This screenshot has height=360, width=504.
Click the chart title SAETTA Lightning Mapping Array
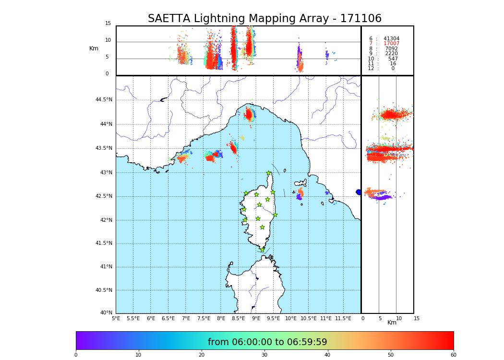[x=264, y=19]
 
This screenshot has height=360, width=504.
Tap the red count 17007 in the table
[x=391, y=44]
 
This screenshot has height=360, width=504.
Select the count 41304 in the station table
[x=391, y=39]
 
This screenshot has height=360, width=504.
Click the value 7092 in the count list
[x=391, y=49]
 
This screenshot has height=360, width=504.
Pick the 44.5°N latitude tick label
[x=104, y=100]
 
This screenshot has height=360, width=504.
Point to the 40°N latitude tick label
[x=106, y=313]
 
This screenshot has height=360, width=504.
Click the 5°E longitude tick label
[x=116, y=319]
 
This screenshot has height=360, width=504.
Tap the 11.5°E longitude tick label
[x=343, y=319]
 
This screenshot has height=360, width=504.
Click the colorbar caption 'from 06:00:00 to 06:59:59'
[x=267, y=342]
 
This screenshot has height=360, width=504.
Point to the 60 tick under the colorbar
[x=453, y=355]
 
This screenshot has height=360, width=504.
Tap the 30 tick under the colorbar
[x=264, y=355]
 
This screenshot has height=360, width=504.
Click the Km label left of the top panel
[x=94, y=48]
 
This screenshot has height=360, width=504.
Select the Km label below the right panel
[x=392, y=323]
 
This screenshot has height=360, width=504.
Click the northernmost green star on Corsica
[x=269, y=173]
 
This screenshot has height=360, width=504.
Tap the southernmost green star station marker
[x=262, y=250]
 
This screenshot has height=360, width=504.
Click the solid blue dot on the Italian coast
[x=359, y=192]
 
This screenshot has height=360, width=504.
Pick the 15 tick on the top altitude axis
[x=108, y=24]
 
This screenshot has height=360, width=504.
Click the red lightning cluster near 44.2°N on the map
[x=249, y=114]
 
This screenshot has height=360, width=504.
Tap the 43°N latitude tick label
[x=106, y=173]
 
